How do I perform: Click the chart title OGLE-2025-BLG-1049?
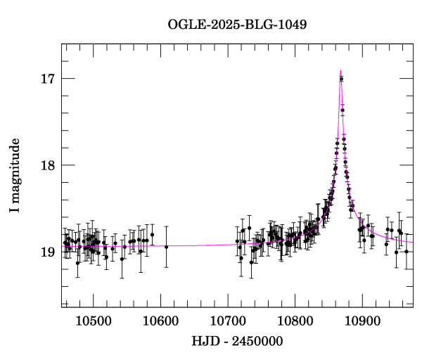[237, 25]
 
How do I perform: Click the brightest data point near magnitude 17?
[341, 79]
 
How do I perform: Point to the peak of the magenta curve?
[341, 70]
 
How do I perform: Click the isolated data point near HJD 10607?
[166, 247]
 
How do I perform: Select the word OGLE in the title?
[184, 25]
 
